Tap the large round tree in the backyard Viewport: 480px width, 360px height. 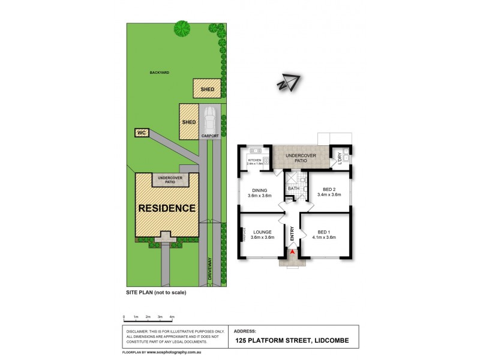coord(182,28)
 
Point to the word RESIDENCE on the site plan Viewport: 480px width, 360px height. coord(167,209)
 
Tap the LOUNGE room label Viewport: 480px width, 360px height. coord(262,232)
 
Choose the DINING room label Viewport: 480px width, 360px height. coord(260,191)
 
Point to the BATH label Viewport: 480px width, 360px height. coord(293,188)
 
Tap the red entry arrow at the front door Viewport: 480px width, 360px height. coord(292,253)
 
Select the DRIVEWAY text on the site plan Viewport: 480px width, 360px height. coord(211,269)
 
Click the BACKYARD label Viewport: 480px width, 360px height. coord(160,72)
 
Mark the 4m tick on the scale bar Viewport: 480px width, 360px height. coord(172,316)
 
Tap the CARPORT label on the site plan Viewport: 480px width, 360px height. coord(209,136)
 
